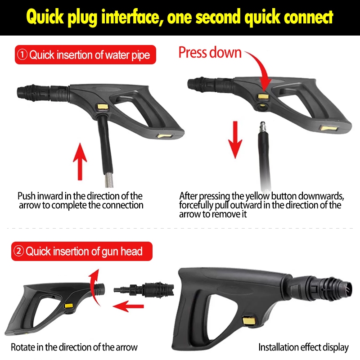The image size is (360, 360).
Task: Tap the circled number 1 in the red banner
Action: click(x=22, y=54)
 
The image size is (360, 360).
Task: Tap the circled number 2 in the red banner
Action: click(x=18, y=251)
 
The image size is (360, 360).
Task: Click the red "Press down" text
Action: click(x=210, y=53)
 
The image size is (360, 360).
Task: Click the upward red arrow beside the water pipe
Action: click(x=80, y=162)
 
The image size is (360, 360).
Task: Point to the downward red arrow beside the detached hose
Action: click(x=235, y=139)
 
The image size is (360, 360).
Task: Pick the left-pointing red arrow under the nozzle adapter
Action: click(x=128, y=306)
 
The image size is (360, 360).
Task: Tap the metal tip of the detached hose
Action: click(x=262, y=127)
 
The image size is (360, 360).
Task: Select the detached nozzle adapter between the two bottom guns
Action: click(x=144, y=290)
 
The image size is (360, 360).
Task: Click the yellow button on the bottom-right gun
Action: click(x=249, y=320)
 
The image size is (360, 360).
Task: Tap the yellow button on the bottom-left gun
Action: click(x=69, y=306)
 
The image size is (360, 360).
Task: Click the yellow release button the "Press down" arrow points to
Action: click(x=263, y=96)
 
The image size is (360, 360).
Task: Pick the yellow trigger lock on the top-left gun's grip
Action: click(x=164, y=136)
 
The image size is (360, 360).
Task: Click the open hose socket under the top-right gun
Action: click(x=262, y=106)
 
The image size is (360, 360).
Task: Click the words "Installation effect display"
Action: click(x=303, y=347)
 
